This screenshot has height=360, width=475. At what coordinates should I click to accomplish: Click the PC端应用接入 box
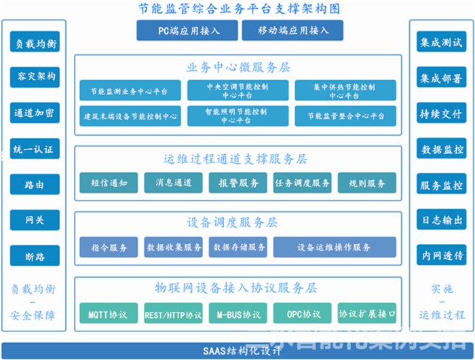point(187,31)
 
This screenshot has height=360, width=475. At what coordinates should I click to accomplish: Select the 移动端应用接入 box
point(292,31)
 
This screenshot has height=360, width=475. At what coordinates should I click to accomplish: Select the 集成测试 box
point(441,43)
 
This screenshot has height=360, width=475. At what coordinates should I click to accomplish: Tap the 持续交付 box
point(441,113)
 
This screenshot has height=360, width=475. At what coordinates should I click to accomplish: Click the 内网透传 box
point(441,256)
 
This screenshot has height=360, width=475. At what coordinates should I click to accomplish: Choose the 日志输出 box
point(441,219)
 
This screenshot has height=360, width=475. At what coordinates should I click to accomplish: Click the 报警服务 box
point(233,183)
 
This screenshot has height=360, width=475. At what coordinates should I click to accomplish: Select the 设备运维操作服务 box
point(335,248)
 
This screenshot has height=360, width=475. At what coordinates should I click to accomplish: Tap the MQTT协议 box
point(108,314)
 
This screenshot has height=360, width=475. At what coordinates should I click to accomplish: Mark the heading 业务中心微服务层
point(237,67)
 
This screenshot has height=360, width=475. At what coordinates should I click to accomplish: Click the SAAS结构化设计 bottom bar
point(237,351)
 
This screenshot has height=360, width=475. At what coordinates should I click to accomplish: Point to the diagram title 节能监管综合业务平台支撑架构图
point(237,9)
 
